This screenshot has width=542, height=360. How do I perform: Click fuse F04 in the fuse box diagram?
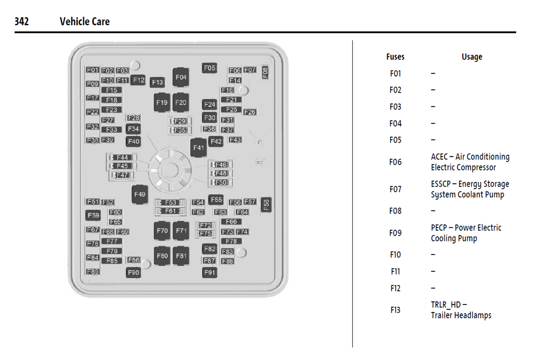tap(181, 77)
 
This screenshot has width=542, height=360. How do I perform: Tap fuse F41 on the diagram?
tap(198, 148)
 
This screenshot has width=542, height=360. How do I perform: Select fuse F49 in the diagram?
tap(140, 194)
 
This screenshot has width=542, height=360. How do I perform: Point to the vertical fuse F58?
tap(266, 205)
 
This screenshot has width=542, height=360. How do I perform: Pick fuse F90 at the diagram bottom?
tap(133, 273)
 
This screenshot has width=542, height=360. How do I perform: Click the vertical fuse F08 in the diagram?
tap(265, 72)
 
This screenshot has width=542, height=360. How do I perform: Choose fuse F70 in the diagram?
tap(162, 231)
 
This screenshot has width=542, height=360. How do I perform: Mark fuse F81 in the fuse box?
tap(181, 256)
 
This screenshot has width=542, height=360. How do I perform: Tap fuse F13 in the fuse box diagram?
tap(158, 82)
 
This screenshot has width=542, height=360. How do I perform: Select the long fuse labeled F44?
tap(122, 157)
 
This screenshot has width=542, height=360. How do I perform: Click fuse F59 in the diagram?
tap(93, 215)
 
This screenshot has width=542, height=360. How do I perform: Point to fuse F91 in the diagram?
tap(210, 273)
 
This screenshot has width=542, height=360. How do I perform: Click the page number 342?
tap(22, 21)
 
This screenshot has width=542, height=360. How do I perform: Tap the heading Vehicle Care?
tap(85, 21)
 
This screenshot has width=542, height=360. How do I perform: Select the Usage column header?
tap(472, 57)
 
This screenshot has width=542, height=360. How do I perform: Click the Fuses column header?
tap(395, 57)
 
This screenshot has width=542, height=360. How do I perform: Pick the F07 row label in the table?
tap(395, 189)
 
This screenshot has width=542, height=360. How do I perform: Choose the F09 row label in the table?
tap(395, 233)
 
